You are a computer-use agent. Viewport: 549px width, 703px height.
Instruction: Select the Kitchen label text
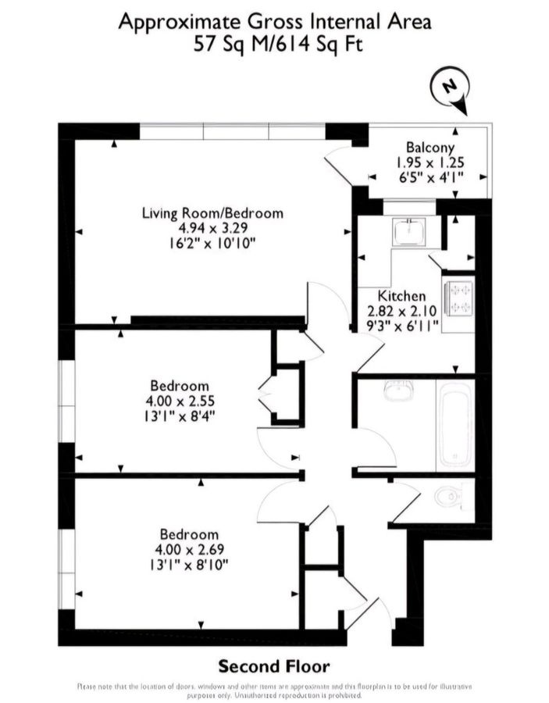point(401,296)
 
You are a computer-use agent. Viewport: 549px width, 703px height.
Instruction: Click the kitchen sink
point(408,231)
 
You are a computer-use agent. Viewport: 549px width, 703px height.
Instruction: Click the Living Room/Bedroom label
point(212,212)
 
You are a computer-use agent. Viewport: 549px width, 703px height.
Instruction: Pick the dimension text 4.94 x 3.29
point(212,228)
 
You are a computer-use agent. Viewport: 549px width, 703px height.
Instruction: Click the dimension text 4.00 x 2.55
point(179,401)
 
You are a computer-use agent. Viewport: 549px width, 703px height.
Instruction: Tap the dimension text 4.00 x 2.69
point(189,549)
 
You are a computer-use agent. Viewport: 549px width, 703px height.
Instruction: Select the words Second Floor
point(273,666)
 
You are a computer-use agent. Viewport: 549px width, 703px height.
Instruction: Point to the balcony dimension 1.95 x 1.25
point(430,162)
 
